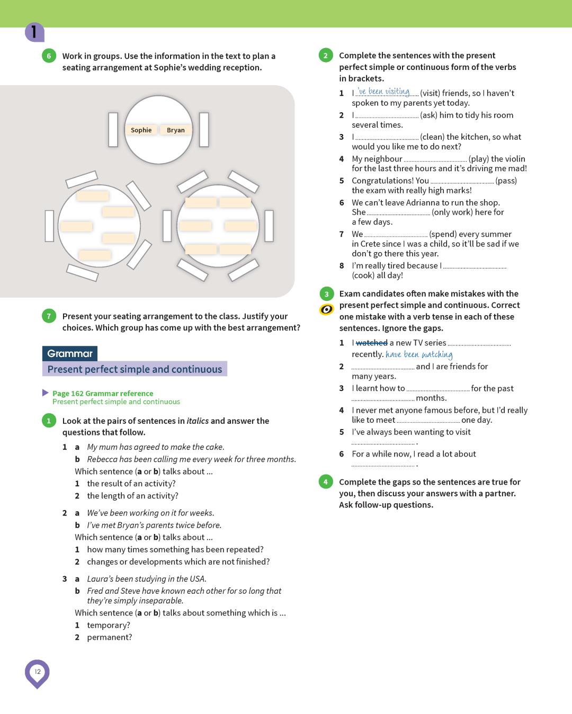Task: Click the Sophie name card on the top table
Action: (x=141, y=130)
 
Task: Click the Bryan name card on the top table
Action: (x=176, y=130)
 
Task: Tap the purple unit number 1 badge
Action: (x=34, y=32)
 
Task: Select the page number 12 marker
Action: (x=37, y=672)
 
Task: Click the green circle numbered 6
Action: (x=49, y=56)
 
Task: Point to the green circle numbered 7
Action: (x=49, y=316)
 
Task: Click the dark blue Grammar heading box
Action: (x=70, y=353)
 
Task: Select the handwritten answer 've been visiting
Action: (x=384, y=92)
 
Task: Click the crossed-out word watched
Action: (x=371, y=343)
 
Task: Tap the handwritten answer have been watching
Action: (x=419, y=354)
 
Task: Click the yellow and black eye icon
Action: (x=327, y=309)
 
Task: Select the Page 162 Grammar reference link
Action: (x=103, y=393)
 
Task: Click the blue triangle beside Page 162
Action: (x=46, y=392)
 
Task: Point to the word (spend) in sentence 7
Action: (x=443, y=234)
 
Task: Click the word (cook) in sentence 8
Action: (x=363, y=275)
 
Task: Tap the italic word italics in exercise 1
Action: (x=198, y=421)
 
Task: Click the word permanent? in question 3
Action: (x=110, y=637)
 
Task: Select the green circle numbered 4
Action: (x=326, y=481)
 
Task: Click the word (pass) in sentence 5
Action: (x=506, y=181)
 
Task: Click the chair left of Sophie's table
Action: (x=113, y=129)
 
